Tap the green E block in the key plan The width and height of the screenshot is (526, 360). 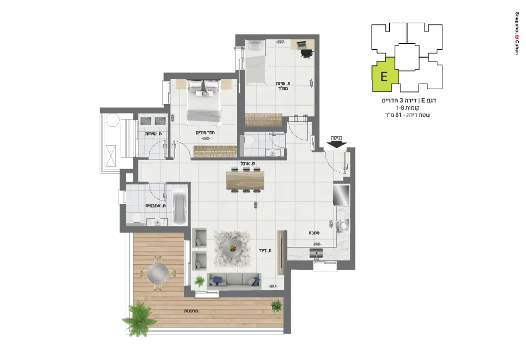pyautogui.click(x=383, y=76)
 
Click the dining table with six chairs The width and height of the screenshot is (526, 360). pyautogui.click(x=245, y=180)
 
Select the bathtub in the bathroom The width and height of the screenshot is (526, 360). pyautogui.click(x=180, y=208)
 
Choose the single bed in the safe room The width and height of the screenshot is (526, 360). pyautogui.click(x=256, y=64)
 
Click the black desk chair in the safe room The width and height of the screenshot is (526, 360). pyautogui.click(x=307, y=53)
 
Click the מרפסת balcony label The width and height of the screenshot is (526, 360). pyautogui.click(x=191, y=311)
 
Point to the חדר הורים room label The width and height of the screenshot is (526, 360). pyautogui.click(x=205, y=133)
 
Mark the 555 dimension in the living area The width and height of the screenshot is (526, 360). pyautogui.click(x=256, y=205)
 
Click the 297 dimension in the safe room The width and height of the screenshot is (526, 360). pyautogui.click(x=281, y=42)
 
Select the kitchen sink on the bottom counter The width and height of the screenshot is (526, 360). pyautogui.click(x=316, y=253)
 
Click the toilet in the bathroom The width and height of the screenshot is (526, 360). pyautogui.click(x=136, y=216)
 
